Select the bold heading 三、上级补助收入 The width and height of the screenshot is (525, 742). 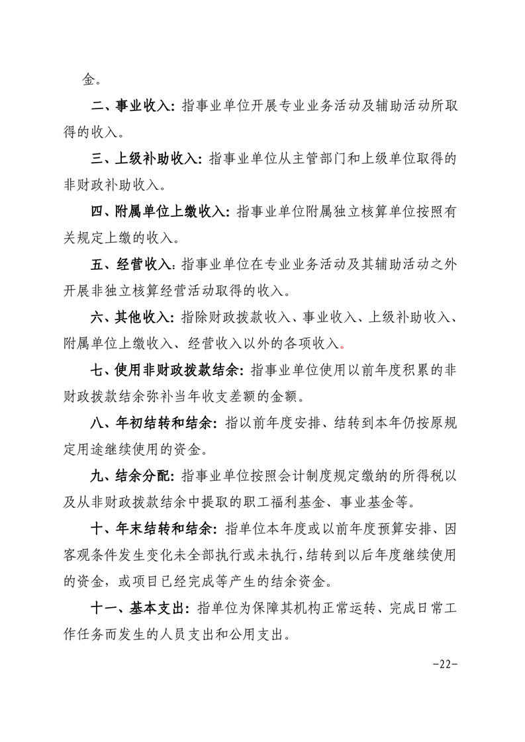pos(145,159)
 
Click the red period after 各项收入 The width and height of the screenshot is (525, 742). pos(342,345)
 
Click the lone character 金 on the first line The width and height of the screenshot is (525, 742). pos(89,80)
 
